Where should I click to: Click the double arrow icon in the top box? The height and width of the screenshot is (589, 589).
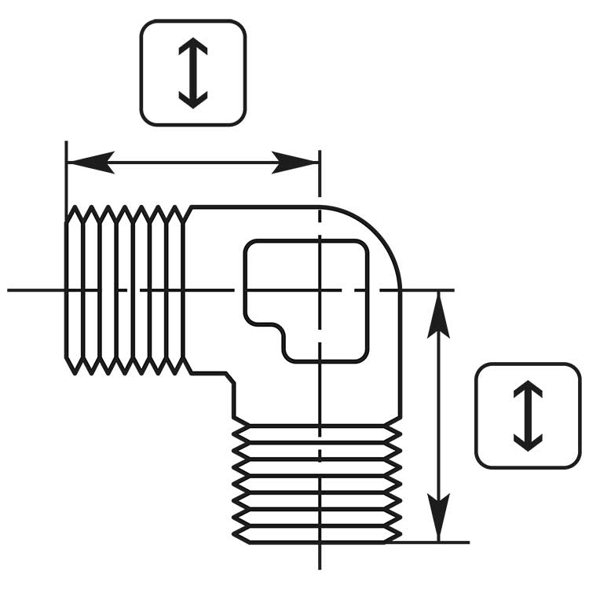[x=192, y=72]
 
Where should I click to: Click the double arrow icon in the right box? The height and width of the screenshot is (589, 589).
[x=528, y=415]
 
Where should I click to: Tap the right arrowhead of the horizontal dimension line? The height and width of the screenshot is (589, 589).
[x=297, y=163]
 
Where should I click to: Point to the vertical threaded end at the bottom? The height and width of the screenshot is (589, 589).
[x=318, y=483]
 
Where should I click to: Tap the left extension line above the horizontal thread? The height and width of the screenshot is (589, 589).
[x=67, y=177]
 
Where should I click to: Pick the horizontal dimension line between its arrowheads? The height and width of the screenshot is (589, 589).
[x=192, y=163]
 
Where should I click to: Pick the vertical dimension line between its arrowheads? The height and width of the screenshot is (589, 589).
[x=438, y=416]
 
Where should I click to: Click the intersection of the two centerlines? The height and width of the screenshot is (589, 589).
[x=319, y=290]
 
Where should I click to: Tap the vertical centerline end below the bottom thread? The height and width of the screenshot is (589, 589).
[x=319, y=559]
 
